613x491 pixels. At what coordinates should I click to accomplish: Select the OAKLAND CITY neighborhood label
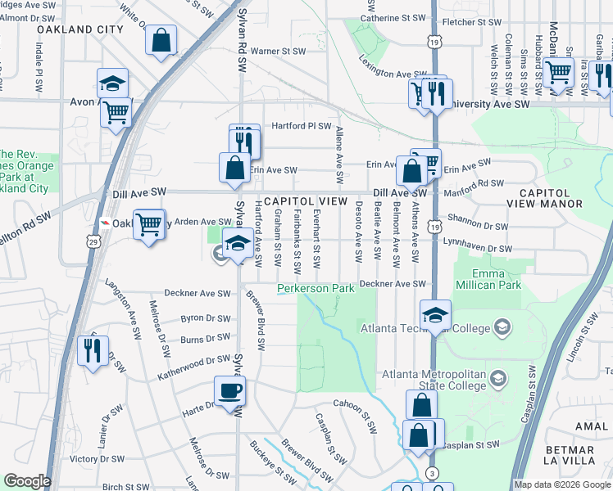79,29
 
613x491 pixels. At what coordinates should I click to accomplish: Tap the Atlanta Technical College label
425,329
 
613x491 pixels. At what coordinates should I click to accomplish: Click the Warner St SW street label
278,51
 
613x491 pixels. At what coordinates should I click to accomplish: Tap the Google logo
26,481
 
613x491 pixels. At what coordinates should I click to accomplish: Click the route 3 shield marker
431,474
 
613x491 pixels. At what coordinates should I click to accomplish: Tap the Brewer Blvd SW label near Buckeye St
307,462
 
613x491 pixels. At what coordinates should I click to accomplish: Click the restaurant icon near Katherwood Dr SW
90,349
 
